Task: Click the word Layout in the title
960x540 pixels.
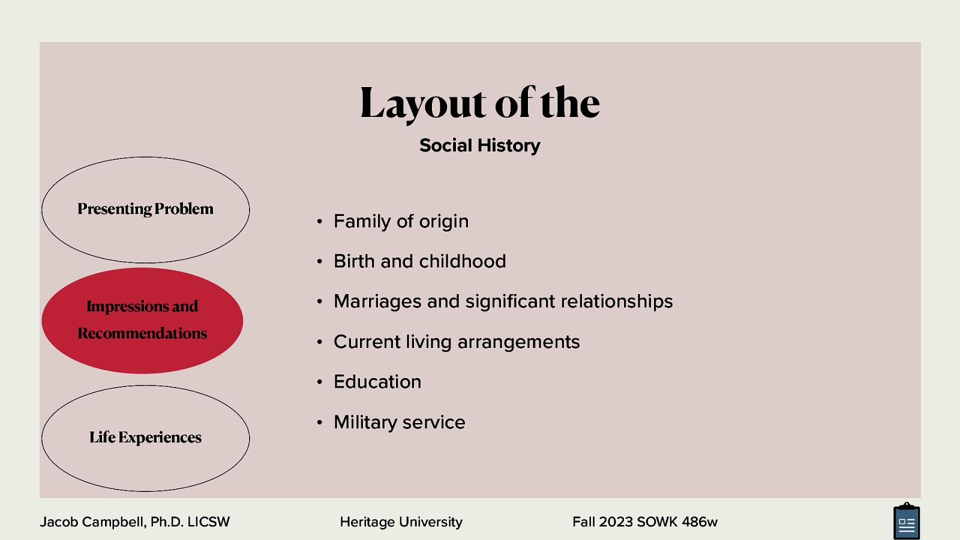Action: tap(422, 103)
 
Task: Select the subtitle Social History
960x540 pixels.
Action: tap(479, 145)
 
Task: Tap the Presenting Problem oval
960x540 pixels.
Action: tap(145, 209)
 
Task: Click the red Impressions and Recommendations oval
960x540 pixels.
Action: tap(142, 320)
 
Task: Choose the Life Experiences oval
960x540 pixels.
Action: tap(145, 438)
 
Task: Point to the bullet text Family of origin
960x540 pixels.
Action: tap(401, 221)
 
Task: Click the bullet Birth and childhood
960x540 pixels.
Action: tap(419, 262)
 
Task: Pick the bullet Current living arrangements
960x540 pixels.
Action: tap(457, 342)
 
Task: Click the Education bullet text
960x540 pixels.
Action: tap(377, 382)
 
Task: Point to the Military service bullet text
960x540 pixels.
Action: tap(399, 422)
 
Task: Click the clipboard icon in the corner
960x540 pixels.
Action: tap(906, 522)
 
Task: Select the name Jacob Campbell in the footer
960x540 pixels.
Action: tap(92, 522)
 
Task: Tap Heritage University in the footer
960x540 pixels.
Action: tap(401, 522)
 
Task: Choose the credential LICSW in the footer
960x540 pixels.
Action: tap(208, 522)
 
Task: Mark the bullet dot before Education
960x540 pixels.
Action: tap(320, 382)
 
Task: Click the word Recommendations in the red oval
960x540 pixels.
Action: tap(142, 334)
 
